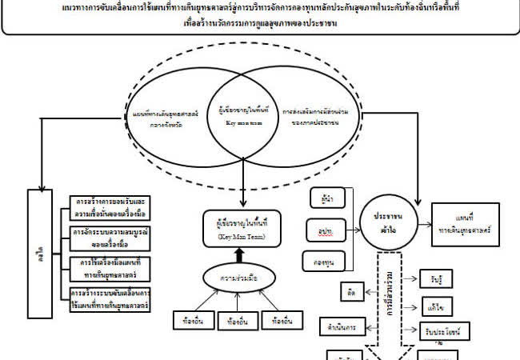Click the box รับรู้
tap(438, 280)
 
